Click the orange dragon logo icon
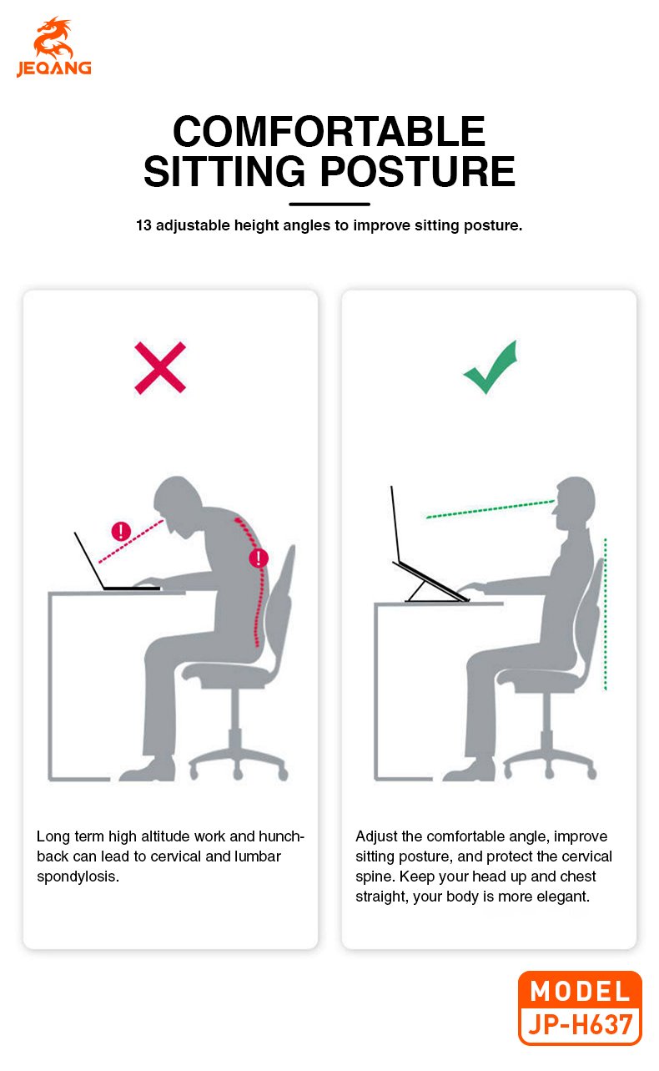(x=53, y=38)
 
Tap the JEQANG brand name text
(x=54, y=68)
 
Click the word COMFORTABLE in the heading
(x=329, y=132)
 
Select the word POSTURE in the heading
(x=418, y=171)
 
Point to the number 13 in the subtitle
(x=143, y=225)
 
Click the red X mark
(x=160, y=367)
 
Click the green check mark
(x=490, y=367)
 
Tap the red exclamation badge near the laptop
(x=121, y=531)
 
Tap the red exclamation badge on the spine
(x=259, y=558)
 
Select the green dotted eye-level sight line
(x=490, y=508)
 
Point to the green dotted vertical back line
(x=606, y=614)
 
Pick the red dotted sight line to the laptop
(x=130, y=541)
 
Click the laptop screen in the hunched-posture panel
(x=89, y=560)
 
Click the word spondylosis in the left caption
(x=78, y=877)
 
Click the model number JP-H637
(x=580, y=1024)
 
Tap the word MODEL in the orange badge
(x=580, y=991)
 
